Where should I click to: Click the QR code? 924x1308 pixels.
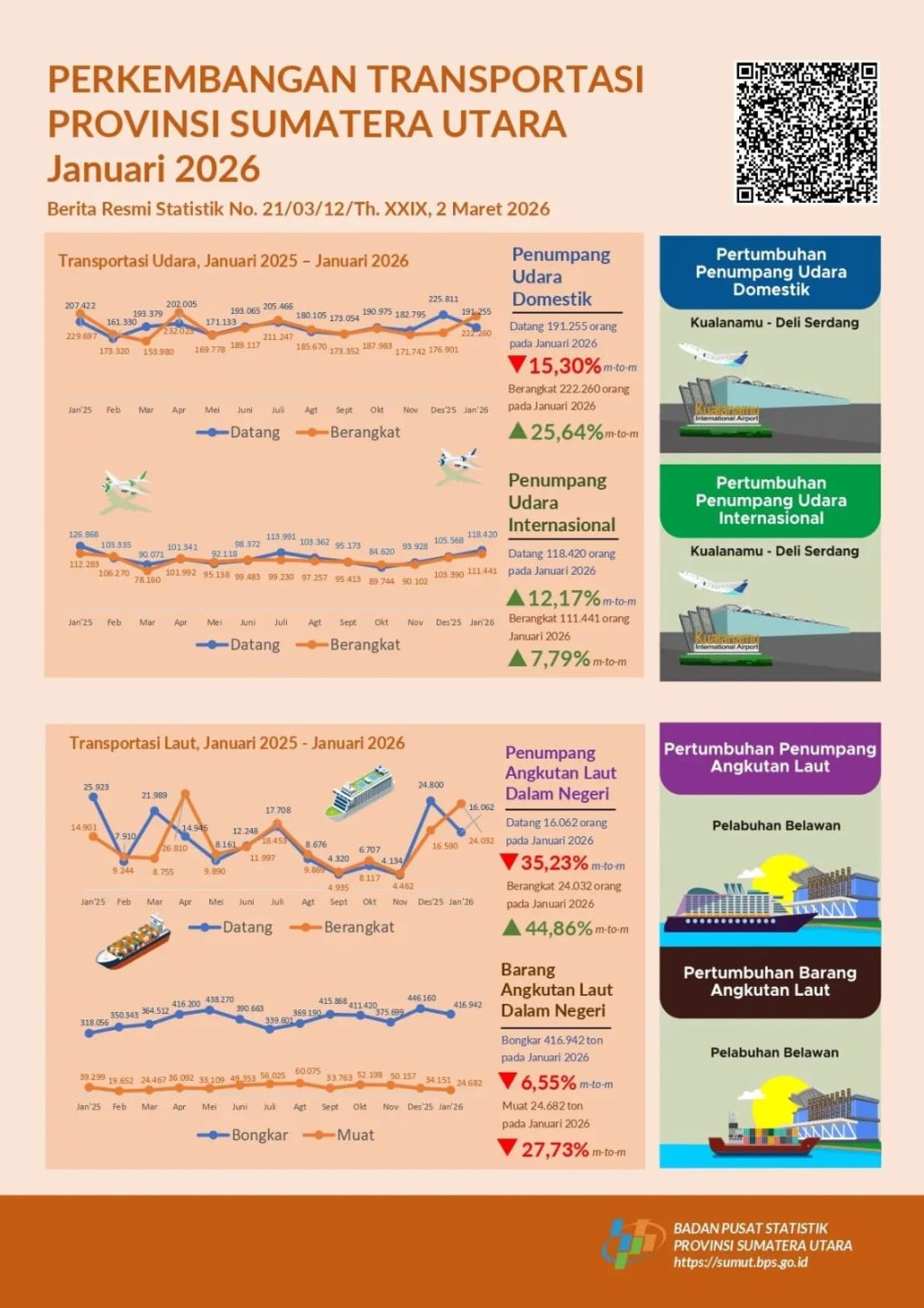tap(807, 133)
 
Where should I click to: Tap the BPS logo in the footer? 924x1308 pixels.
tap(633, 1244)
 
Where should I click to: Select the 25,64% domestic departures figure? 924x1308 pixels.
tap(567, 432)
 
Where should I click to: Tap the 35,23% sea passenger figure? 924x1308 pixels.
tap(554, 863)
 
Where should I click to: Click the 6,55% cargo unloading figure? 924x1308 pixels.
tap(549, 1082)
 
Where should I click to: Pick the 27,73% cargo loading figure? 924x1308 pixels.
tap(554, 1150)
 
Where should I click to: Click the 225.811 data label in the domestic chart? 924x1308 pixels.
tap(443, 299)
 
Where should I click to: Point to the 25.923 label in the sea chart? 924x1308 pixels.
tap(96, 787)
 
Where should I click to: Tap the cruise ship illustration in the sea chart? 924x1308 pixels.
tap(361, 791)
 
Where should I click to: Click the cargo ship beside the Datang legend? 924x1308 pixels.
tap(133, 943)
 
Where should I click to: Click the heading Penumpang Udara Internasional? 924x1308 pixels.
tap(561, 502)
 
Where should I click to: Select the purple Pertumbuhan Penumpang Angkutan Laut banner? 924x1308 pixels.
tap(770, 758)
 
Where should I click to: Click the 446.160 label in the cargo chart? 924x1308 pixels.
tap(421, 998)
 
